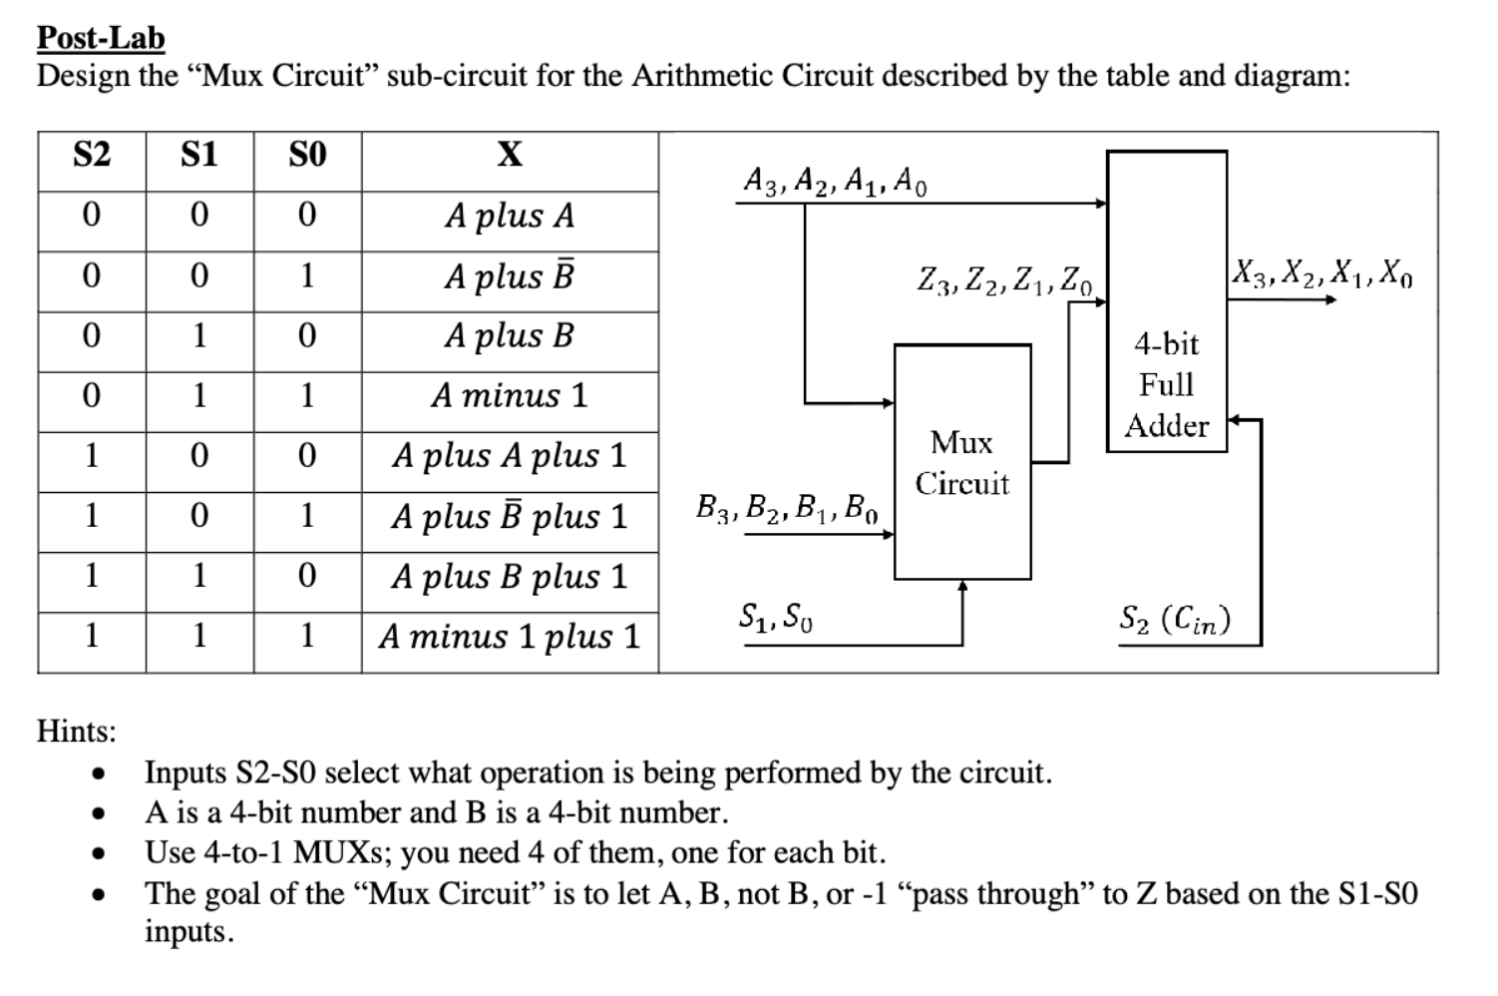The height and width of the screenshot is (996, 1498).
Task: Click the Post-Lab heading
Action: click(x=101, y=37)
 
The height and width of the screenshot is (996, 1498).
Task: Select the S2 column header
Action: click(x=92, y=155)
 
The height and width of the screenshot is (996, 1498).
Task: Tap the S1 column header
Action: click(x=199, y=155)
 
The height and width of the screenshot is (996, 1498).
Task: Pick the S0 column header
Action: click(x=307, y=155)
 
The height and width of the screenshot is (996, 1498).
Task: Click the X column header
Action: click(x=510, y=155)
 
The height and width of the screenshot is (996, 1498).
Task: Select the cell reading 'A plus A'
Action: click(x=510, y=216)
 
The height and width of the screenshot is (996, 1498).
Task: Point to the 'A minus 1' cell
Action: click(x=510, y=396)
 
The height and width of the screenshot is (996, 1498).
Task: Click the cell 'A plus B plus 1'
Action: click(x=510, y=577)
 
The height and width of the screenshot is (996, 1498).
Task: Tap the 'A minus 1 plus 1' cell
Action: click(x=510, y=637)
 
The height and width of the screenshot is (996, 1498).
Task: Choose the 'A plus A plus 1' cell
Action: click(x=510, y=456)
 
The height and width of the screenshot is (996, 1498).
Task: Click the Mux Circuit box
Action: click(x=962, y=462)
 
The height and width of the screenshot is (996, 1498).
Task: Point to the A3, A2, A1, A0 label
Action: click(x=836, y=181)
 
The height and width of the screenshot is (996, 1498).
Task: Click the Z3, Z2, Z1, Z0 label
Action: click(x=1005, y=279)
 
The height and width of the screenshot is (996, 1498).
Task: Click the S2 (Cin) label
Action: click(x=1175, y=620)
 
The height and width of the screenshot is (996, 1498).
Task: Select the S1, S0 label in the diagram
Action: click(x=776, y=618)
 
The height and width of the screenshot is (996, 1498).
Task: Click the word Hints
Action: click(x=77, y=732)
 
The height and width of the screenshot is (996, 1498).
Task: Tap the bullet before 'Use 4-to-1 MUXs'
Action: click(x=97, y=854)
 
